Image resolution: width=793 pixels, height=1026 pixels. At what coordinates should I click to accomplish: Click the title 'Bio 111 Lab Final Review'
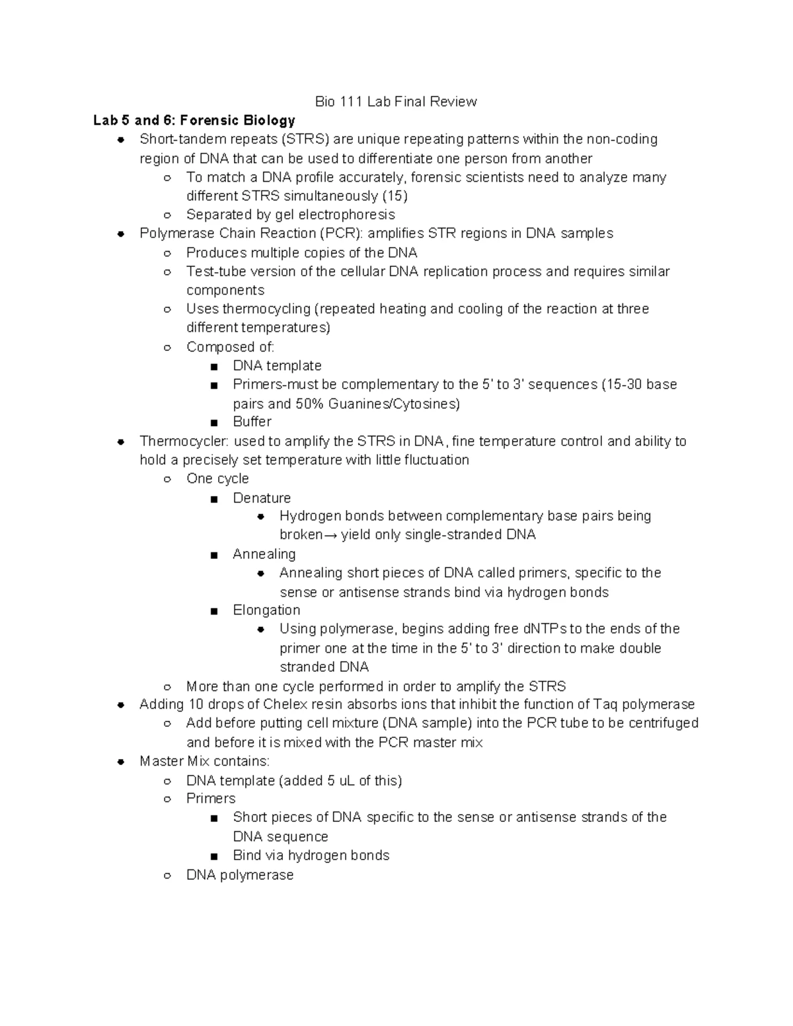pyautogui.click(x=396, y=102)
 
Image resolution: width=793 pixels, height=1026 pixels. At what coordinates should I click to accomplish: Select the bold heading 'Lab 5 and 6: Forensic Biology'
pyautogui.click(x=194, y=120)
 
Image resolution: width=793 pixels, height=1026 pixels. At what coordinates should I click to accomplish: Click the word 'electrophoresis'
pyautogui.click(x=346, y=215)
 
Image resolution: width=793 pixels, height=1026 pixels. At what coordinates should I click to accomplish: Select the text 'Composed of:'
pyautogui.click(x=230, y=347)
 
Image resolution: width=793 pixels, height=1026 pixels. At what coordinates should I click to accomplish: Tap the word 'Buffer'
pyautogui.click(x=252, y=421)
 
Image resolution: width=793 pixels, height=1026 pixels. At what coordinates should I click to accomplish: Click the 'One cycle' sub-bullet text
pyautogui.click(x=217, y=478)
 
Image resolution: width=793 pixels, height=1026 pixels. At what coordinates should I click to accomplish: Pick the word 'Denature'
pyautogui.click(x=262, y=497)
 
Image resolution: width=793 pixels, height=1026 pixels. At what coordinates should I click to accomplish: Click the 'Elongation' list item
pyautogui.click(x=266, y=610)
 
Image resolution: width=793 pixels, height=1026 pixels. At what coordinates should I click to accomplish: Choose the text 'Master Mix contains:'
pyautogui.click(x=204, y=761)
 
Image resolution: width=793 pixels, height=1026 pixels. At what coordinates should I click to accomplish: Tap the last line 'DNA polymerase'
pyautogui.click(x=240, y=875)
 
